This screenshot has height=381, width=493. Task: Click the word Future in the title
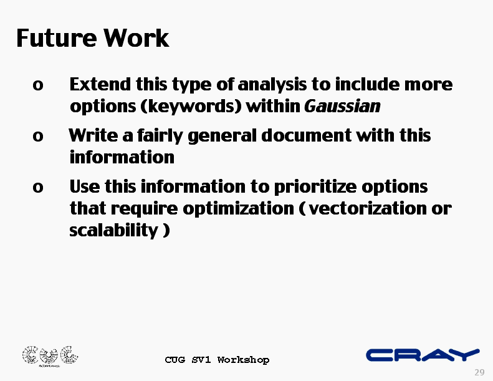click(x=56, y=38)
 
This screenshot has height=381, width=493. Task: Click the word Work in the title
click(x=136, y=38)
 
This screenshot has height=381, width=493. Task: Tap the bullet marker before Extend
click(x=38, y=85)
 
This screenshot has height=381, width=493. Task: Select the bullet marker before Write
click(x=38, y=136)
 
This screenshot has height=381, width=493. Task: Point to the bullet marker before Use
click(x=38, y=188)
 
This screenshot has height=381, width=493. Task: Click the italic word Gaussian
click(x=342, y=107)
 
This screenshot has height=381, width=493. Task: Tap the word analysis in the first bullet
click(x=272, y=85)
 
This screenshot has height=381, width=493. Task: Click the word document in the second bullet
click(x=306, y=136)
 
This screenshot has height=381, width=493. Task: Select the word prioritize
click(x=315, y=188)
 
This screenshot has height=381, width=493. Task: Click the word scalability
click(x=113, y=231)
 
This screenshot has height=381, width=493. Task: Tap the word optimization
click(x=238, y=210)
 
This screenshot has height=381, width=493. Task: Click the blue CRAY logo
click(x=423, y=355)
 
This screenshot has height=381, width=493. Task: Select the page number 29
click(x=479, y=372)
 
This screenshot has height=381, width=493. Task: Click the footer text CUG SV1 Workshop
click(x=218, y=360)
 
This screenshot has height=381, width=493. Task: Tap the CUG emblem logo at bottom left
click(x=50, y=356)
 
